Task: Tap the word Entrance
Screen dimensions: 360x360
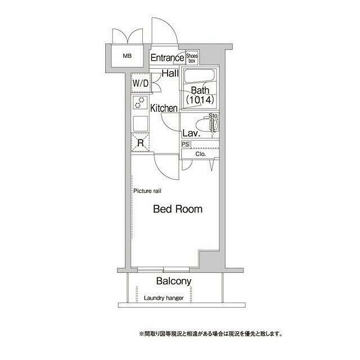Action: coord(167,57)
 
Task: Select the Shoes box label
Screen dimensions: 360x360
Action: coord(192,57)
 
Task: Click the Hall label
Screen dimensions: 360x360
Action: coord(170,73)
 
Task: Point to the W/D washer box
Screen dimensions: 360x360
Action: coord(141,83)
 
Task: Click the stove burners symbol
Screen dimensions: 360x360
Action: coord(139,102)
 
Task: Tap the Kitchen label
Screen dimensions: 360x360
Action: coord(164,108)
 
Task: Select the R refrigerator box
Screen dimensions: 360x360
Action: coord(140,143)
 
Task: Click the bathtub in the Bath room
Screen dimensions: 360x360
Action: coord(199,76)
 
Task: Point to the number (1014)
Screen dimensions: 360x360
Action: coord(200,101)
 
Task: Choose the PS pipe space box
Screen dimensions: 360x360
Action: coord(185,144)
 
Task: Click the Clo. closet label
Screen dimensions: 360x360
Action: coord(201,154)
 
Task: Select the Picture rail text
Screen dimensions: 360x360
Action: coord(147,191)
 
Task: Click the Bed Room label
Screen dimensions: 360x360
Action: coord(178,209)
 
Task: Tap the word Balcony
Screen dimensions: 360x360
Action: coord(174,281)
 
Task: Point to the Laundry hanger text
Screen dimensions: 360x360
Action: coord(164,298)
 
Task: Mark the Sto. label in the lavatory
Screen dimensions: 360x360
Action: coord(213,116)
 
